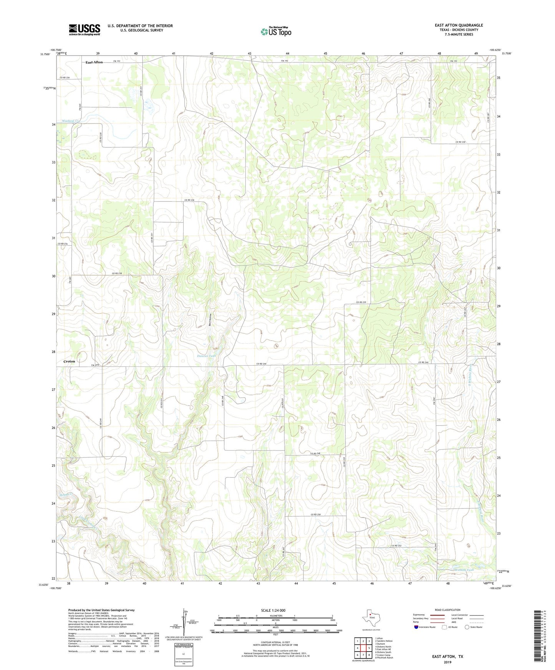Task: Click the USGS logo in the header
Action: click(x=84, y=30)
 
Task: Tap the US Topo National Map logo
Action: click(x=276, y=31)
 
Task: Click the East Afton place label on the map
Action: click(x=94, y=62)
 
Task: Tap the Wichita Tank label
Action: click(x=464, y=570)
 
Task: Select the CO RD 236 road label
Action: click(x=189, y=200)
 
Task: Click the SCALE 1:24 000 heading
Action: click(x=273, y=610)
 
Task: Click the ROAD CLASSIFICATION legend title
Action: click(x=447, y=610)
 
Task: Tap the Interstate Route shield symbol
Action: click(x=417, y=627)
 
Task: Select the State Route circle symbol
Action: click(x=467, y=627)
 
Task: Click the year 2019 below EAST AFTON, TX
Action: click(x=447, y=662)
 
